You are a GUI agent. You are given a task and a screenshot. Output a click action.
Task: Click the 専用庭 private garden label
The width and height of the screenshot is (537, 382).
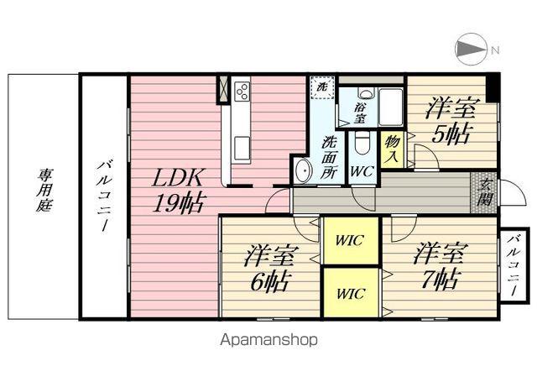pos(43,192)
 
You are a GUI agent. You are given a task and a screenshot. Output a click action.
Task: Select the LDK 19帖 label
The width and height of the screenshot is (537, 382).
pos(178,191)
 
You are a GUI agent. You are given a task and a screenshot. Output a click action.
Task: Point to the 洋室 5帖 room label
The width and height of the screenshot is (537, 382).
pos(451,120)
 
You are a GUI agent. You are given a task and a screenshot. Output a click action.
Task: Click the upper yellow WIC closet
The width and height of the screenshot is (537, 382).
pos(350,241)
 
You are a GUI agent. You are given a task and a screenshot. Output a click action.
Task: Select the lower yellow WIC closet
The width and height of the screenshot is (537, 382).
pos(350,293)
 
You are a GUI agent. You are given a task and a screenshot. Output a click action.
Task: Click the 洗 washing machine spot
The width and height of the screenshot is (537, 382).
pos(321,86)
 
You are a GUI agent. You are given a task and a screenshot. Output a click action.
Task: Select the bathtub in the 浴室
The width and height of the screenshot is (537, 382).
pos(391,107)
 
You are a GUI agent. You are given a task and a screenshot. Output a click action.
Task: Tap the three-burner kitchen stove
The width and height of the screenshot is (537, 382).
pos(242,91)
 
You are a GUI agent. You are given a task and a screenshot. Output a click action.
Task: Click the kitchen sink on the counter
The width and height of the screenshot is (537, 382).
pos(242,148)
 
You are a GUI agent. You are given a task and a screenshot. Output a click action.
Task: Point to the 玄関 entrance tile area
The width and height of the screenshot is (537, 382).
pos(484,194)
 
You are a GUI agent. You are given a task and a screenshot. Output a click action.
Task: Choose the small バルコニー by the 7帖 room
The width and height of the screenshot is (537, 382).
pos(513,265)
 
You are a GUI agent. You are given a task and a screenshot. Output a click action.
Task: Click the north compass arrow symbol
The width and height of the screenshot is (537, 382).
pos(472,49)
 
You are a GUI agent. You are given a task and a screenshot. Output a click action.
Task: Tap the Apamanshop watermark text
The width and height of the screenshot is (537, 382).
pos(268,341)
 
